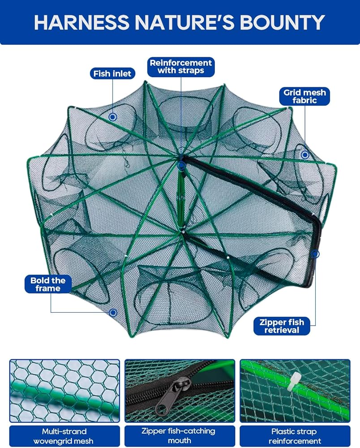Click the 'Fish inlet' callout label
click(x=112, y=74)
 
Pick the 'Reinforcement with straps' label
click(x=181, y=67)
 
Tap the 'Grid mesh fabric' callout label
click(x=304, y=96)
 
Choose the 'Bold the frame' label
click(x=48, y=284)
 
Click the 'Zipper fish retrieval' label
click(x=282, y=326)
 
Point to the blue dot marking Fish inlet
click(x=113, y=117)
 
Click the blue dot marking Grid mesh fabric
click(x=305, y=155)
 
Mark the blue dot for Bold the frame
click(x=113, y=313)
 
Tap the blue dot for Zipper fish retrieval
click(x=315, y=254)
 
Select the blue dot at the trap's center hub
click(x=181, y=165)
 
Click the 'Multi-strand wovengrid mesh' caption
click(x=64, y=436)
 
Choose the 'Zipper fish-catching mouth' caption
click(x=180, y=436)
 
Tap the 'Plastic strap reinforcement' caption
click(x=295, y=436)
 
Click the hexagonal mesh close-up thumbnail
click(x=64, y=391)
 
